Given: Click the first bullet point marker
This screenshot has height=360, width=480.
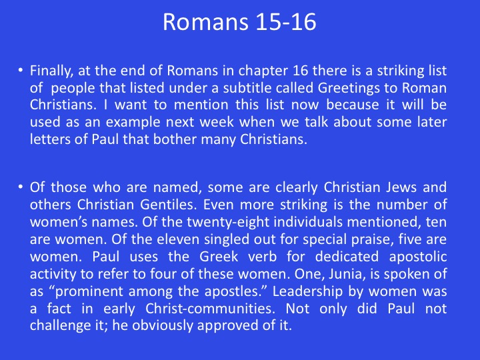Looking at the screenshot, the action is point(20,70).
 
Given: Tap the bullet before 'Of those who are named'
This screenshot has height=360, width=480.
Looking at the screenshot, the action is point(20,187).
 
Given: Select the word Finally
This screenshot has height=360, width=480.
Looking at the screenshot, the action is point(51,71).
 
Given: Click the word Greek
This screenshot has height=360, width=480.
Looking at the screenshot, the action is point(219,257).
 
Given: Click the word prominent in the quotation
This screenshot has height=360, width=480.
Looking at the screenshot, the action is point(89,291).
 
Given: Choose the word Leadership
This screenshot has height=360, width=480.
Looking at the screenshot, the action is point(307,291).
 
